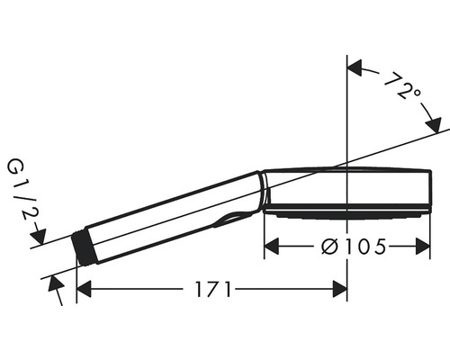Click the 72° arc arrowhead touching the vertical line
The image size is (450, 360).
(355, 67)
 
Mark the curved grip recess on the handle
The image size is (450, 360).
(236, 216)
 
